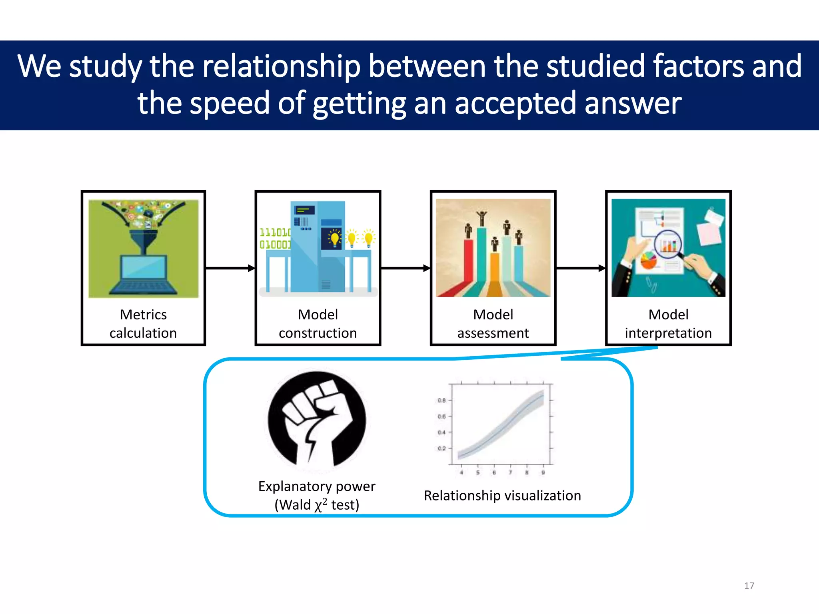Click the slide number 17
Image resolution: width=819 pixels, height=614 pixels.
click(x=749, y=586)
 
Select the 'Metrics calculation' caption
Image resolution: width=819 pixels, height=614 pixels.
click(x=143, y=324)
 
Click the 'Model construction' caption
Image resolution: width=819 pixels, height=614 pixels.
click(x=318, y=324)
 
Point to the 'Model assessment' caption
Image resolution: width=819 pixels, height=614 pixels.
click(x=493, y=324)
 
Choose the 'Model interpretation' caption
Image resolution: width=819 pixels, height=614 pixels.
click(x=668, y=324)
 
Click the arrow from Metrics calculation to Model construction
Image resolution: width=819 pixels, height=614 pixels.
click(x=230, y=268)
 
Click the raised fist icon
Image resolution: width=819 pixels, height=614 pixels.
click(x=317, y=420)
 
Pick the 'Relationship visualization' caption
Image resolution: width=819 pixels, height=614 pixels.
click(x=502, y=496)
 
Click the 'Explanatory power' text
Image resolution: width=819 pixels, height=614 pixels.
click(x=317, y=486)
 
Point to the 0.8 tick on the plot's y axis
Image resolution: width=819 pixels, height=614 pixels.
click(x=441, y=400)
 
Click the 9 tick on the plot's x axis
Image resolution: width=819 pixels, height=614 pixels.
click(x=543, y=472)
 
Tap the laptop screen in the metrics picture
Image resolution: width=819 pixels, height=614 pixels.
click(x=144, y=267)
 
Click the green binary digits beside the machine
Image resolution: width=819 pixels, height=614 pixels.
click(x=275, y=239)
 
